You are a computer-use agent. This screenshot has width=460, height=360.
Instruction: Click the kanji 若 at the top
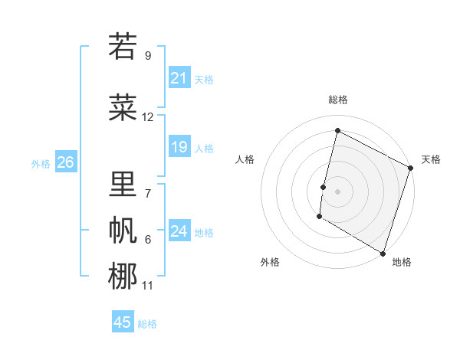click(123, 47)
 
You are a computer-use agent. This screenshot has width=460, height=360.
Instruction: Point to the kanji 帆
click(123, 230)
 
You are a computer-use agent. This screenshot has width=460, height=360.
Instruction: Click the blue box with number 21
click(179, 78)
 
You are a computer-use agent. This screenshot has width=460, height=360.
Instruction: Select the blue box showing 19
click(179, 147)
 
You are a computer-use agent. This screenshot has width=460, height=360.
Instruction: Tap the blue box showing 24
click(179, 231)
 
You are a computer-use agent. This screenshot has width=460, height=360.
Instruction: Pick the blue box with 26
click(65, 162)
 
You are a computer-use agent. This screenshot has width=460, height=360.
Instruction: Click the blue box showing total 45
click(123, 322)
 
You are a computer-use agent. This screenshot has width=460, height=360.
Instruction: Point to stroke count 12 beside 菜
click(148, 117)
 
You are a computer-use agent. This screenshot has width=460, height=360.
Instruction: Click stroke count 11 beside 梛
click(148, 286)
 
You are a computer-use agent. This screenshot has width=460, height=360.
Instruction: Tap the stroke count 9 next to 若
click(148, 56)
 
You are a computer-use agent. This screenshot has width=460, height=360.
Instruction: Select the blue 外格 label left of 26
click(41, 163)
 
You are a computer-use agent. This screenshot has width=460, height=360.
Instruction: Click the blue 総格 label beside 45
click(147, 324)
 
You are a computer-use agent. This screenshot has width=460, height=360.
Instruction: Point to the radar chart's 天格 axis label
click(431, 159)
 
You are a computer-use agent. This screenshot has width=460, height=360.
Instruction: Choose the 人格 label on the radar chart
click(245, 159)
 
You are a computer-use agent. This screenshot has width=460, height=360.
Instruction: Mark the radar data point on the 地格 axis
click(383, 253)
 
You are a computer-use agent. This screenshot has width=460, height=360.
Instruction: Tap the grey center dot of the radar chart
click(337, 191)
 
